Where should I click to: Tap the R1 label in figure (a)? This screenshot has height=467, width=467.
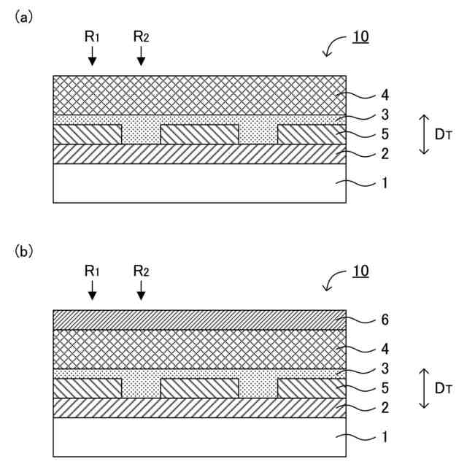(x=92, y=36)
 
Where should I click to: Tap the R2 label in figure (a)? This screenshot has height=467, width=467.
(x=142, y=36)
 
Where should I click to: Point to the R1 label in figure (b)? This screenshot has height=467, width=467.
(x=92, y=271)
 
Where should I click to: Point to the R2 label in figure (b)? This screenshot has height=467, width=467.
(x=142, y=271)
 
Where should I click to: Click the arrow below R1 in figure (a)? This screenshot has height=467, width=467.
(x=92, y=57)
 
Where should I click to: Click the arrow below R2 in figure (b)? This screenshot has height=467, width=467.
(x=141, y=291)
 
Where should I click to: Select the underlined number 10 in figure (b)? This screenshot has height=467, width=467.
(x=360, y=271)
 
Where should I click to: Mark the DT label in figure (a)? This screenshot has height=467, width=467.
(x=441, y=134)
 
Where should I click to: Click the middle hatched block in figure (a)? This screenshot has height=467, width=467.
(x=199, y=134)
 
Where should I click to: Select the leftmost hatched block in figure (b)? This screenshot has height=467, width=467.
(x=88, y=388)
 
